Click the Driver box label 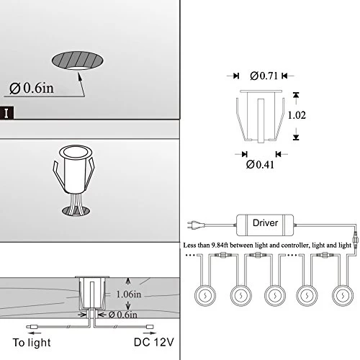pos(265,223)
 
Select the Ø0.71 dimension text pos(264,76)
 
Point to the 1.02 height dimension pos(297,115)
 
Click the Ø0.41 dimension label pos(260,165)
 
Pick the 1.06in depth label pos(129,294)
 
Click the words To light pos(32,343)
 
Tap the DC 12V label pos(153,342)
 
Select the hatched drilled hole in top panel pos(78,60)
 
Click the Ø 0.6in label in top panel pos(32,89)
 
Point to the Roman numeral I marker pos(6,113)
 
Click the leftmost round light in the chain pos(205,295)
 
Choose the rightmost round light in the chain pos(343,295)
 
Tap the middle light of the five pos(275,295)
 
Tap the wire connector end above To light pos(32,327)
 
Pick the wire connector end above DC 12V pos(150,327)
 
